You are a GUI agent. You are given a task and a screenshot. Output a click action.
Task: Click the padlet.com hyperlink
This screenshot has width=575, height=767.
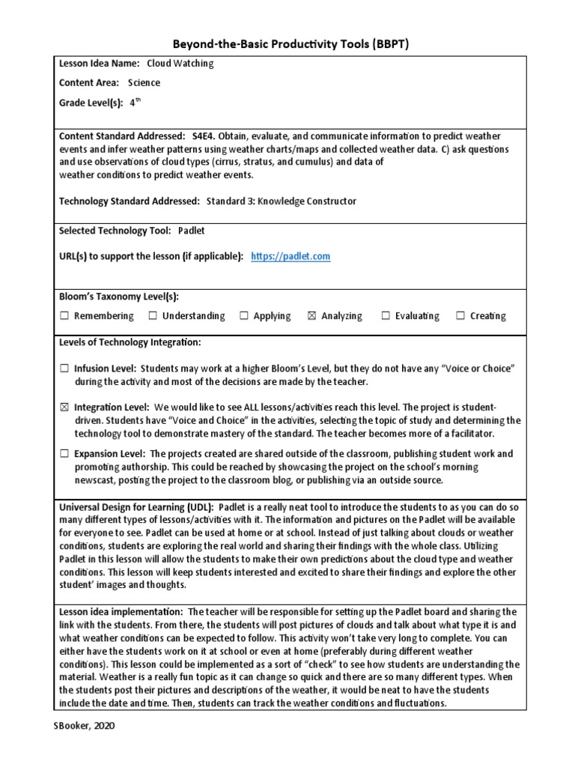tap(290, 256)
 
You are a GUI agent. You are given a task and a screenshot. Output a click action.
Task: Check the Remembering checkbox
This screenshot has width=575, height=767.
tap(64, 316)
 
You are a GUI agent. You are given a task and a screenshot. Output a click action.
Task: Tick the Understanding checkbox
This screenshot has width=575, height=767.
tap(153, 316)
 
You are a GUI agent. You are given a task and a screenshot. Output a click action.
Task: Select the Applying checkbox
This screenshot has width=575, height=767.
tap(244, 316)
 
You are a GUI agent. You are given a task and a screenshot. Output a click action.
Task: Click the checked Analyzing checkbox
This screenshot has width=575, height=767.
tap(311, 316)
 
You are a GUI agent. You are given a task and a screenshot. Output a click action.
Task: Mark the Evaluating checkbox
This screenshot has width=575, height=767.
tap(386, 316)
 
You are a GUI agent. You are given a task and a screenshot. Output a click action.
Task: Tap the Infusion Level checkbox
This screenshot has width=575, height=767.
tap(64, 369)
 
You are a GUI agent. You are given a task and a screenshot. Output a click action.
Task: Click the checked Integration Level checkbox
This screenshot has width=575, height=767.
tap(64, 407)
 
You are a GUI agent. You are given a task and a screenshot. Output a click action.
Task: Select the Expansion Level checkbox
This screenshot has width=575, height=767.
tap(64, 454)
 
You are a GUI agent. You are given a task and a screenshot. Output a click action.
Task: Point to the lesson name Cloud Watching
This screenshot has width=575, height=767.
tap(180, 64)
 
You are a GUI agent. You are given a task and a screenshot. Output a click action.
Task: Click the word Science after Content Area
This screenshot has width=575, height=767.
tap(144, 83)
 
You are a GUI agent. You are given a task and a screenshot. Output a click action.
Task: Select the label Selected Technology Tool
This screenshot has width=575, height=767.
tap(115, 231)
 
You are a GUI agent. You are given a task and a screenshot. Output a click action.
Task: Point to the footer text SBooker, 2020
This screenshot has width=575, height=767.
tap(85, 726)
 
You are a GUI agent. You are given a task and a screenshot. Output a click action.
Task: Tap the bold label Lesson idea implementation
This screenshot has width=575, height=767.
tap(121, 612)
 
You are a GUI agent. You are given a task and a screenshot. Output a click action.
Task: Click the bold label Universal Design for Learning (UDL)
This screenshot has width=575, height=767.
tap(136, 507)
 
